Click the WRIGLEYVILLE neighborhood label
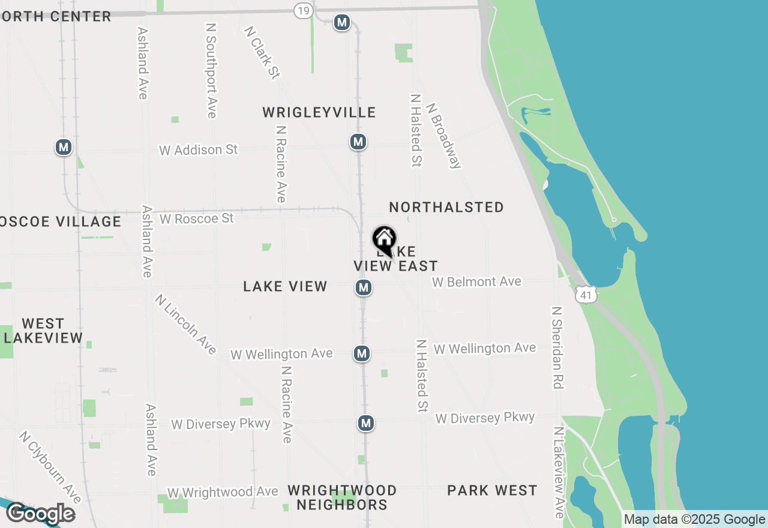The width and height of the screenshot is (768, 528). coord(319,112)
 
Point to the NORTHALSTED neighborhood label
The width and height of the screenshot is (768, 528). coord(446,207)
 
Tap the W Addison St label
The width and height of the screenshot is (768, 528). coord(199,149)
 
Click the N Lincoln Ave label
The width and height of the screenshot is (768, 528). coord(185,324)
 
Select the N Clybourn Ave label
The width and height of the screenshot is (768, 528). coord(50,467)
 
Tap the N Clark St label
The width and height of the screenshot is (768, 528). coord(262,52)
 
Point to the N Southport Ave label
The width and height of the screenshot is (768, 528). coord(211,71)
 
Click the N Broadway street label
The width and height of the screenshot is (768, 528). coord(444,135)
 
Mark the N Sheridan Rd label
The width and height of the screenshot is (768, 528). coord(557,347)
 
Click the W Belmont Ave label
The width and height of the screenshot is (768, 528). coord(477,281)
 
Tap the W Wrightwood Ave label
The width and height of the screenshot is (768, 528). coord(223,492)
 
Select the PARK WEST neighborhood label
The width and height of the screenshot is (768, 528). coord(492,490)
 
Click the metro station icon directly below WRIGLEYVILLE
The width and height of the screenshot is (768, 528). coord(358,142)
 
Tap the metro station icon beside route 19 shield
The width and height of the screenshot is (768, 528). coord(342,23)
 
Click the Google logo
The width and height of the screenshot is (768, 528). coord(41,514)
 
